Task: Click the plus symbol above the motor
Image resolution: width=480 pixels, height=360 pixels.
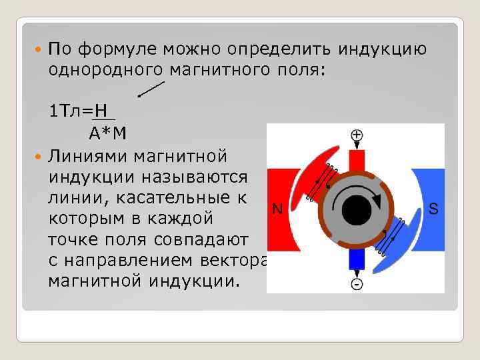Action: [x=357, y=135]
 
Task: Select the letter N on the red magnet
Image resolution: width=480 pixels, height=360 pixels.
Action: [x=277, y=209]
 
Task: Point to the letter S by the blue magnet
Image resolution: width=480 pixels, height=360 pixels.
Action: [x=433, y=209]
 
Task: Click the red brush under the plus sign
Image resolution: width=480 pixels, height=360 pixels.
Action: [x=357, y=160]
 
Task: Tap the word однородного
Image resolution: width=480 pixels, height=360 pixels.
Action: [x=102, y=69]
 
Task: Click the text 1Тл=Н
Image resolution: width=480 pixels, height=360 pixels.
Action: [x=79, y=111]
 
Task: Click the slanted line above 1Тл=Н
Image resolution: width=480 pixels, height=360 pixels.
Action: [x=152, y=88]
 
